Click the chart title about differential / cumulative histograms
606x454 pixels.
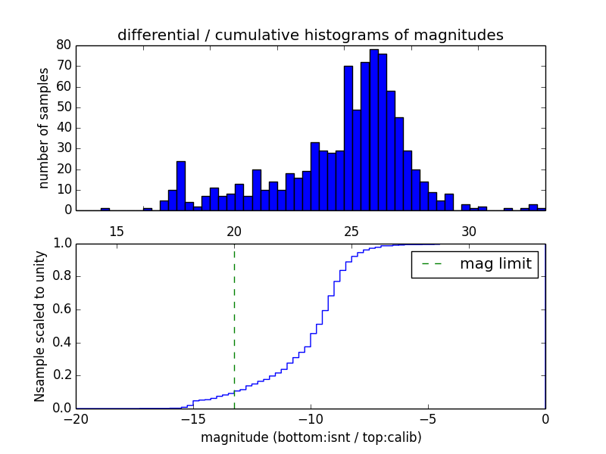(x=310, y=36)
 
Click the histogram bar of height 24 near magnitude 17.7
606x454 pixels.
(x=180, y=185)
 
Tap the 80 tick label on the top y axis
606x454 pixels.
(x=64, y=45)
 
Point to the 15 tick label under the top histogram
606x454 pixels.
(x=117, y=230)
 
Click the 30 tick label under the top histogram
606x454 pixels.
(x=469, y=230)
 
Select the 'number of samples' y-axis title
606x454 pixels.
(x=44, y=128)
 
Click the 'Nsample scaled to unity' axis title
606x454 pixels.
(x=40, y=326)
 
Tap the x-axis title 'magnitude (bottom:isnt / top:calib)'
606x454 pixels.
(x=311, y=437)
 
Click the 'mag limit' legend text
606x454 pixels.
(x=495, y=264)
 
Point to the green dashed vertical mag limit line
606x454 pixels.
(x=234, y=318)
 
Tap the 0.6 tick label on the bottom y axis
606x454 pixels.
(x=61, y=310)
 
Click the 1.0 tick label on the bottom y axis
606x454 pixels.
(x=61, y=244)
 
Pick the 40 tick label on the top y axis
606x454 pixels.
(x=64, y=128)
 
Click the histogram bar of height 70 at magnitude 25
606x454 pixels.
(x=348, y=138)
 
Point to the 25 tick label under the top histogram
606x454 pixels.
(x=351, y=230)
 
